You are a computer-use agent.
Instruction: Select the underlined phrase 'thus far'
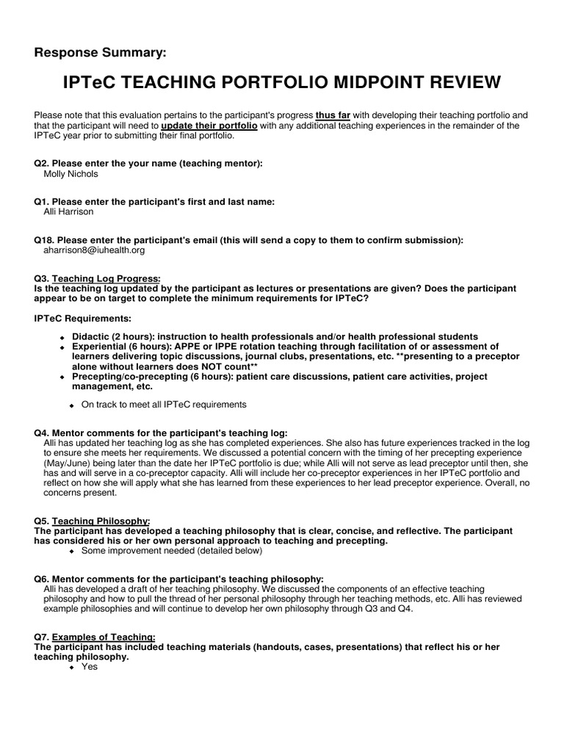tap(334, 115)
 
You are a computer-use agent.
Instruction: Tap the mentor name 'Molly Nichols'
tap(72, 175)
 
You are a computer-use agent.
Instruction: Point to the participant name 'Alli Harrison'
tap(69, 211)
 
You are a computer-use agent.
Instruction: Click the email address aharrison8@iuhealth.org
tap(95, 250)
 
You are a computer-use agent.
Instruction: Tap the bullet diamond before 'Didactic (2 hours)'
tap(62, 337)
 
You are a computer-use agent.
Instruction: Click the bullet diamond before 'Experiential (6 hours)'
tap(62, 347)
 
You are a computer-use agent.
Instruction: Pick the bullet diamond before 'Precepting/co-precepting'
tap(62, 377)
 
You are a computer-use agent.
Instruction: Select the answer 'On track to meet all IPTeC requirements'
tap(164, 405)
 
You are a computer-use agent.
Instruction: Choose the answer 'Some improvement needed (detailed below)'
tap(171, 550)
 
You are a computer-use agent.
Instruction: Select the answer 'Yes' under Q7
tap(89, 667)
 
